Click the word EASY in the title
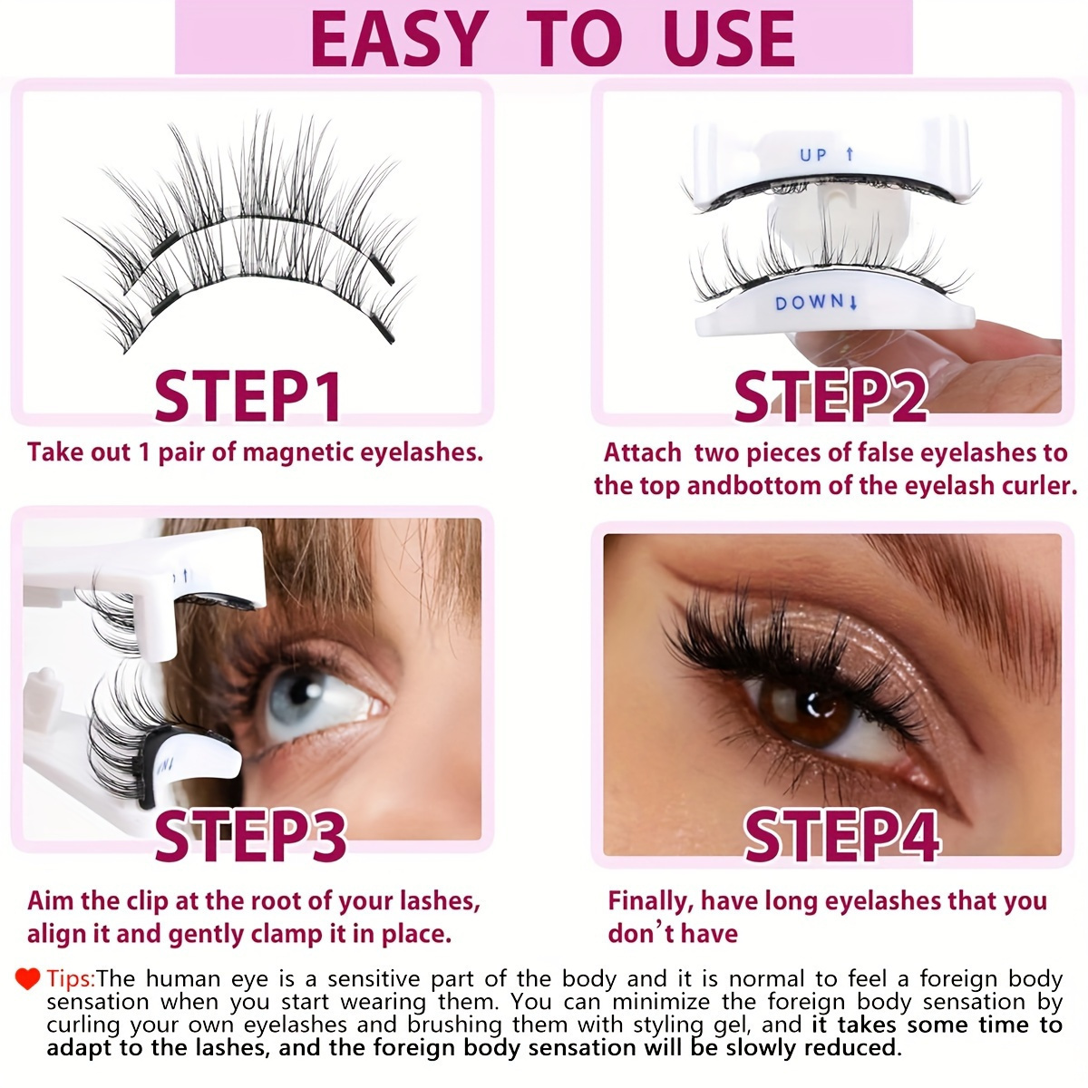398,38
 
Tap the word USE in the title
729,38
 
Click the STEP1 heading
248,396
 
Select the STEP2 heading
830,396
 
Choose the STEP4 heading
840,836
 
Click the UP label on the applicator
814,155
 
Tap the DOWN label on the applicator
809,303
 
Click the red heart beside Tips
28,978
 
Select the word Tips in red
70,979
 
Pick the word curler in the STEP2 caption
1037,485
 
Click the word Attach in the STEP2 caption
642,452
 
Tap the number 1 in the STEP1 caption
143,452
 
